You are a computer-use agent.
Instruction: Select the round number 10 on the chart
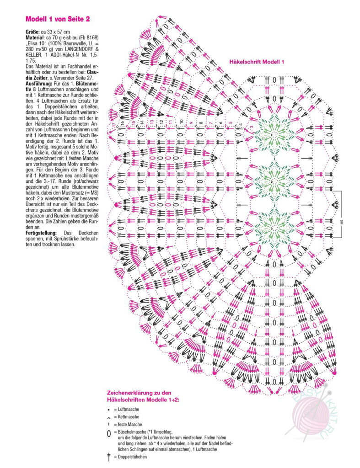182,122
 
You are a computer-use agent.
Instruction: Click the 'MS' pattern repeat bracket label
341,222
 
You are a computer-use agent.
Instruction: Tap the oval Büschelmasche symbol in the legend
109,433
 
